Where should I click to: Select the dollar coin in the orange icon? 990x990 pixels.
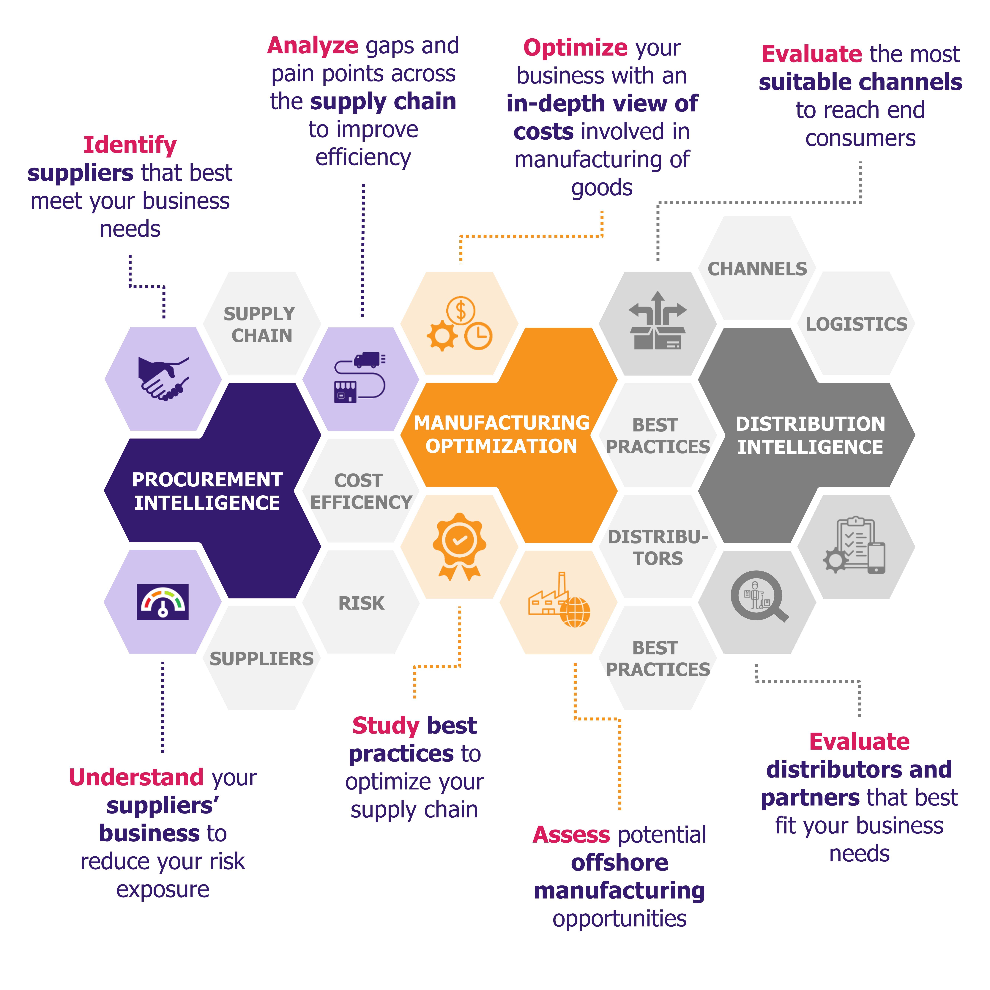[461, 310]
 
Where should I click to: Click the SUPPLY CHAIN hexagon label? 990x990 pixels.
[260, 324]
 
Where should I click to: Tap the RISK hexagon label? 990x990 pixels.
[361, 603]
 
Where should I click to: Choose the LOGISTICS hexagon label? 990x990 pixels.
[856, 324]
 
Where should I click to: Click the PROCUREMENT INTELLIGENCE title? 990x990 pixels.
[207, 491]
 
